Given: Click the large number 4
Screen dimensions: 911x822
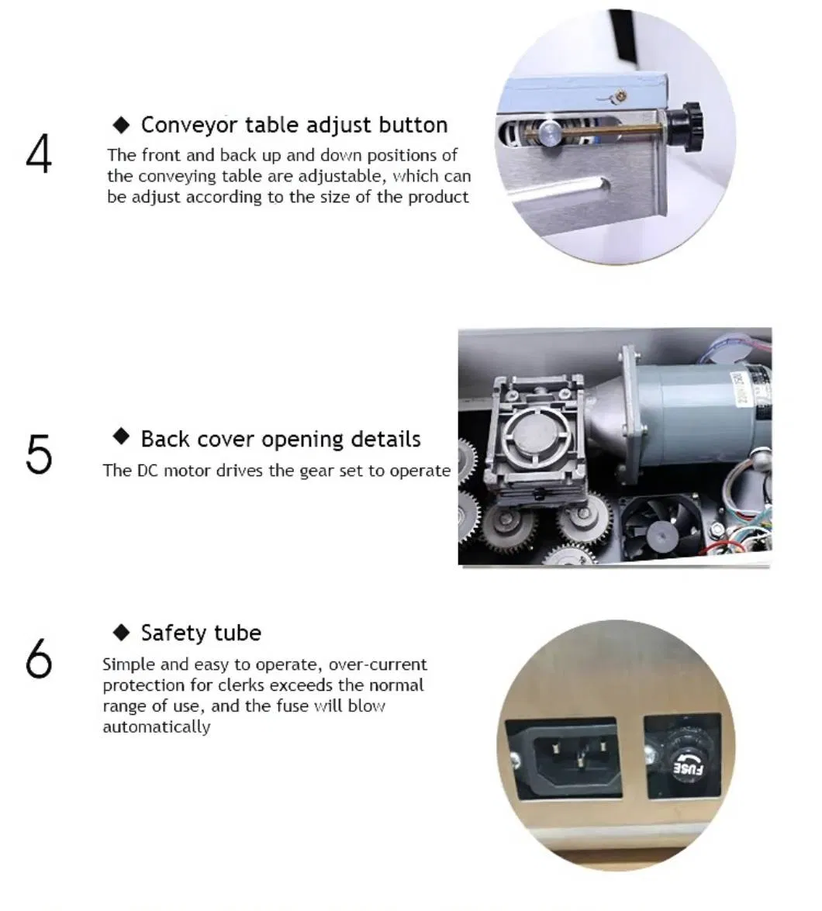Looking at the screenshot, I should coord(39,154).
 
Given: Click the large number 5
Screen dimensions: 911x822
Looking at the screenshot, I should coord(39,454).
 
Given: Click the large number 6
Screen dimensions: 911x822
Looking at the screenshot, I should coord(39,659).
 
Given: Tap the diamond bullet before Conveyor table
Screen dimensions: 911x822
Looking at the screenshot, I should coord(122,125).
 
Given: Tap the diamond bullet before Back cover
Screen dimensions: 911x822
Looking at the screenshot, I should coord(121,437).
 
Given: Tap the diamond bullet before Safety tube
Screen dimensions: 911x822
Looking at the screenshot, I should coord(121,632).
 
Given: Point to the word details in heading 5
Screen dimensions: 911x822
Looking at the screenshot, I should coord(385,439).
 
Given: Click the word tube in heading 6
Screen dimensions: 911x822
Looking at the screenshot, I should coord(237,633).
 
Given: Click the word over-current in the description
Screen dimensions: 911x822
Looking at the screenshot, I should coord(377,664).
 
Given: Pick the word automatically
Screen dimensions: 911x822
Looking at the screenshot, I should coord(156,727).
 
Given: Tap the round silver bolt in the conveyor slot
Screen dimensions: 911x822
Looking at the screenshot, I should coord(549,130).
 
